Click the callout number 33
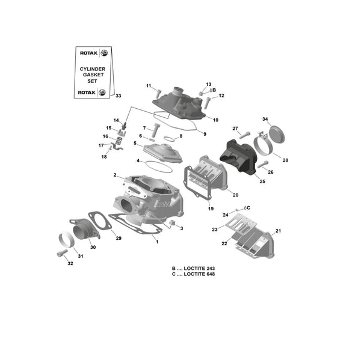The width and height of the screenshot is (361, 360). [x=118, y=96]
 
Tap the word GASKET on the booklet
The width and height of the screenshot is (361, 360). [x=93, y=75]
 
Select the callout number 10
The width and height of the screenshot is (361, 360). [x=215, y=120]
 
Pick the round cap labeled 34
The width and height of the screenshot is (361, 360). [x=277, y=133]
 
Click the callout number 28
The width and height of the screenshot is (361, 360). [x=285, y=160]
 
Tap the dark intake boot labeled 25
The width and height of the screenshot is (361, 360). [x=238, y=156]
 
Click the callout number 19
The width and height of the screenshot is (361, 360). [x=211, y=209]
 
